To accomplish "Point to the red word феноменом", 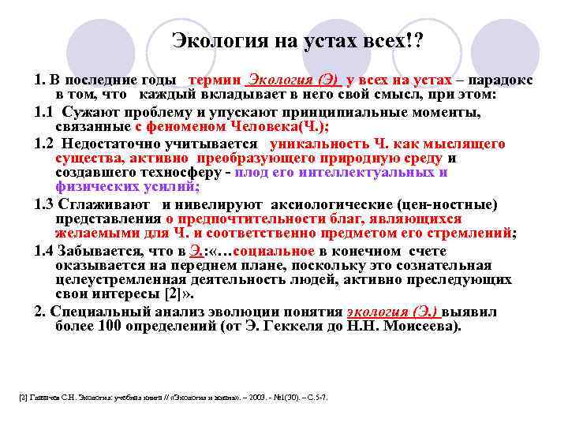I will [x=183, y=126].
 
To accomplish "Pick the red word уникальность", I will [x=316, y=144].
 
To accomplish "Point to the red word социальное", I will [x=272, y=250].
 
